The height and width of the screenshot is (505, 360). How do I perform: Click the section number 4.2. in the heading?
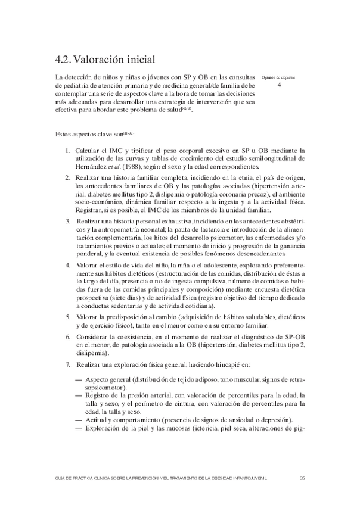pos(62,60)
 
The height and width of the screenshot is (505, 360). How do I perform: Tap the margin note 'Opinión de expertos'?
pos(279,77)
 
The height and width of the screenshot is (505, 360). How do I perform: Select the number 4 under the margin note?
pos(279,85)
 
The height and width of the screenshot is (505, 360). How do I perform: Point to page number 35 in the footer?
pos(302,478)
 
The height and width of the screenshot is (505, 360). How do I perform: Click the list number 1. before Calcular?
pos(69,151)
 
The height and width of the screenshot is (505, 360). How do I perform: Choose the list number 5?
pos(69,316)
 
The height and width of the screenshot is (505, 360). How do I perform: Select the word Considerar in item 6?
pos(94,336)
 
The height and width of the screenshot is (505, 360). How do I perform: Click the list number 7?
pos(69,364)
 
